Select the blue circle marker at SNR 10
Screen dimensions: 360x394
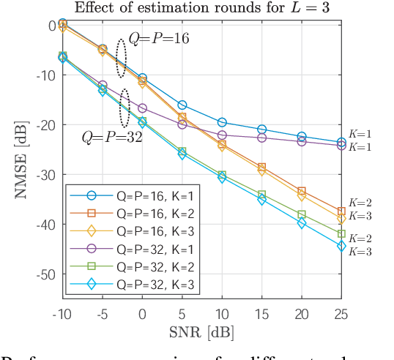222,122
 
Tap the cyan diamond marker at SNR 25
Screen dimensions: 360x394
341,246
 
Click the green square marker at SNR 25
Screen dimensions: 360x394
341,233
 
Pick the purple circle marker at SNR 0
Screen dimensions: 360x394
142,108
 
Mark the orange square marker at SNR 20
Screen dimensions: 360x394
302,191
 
